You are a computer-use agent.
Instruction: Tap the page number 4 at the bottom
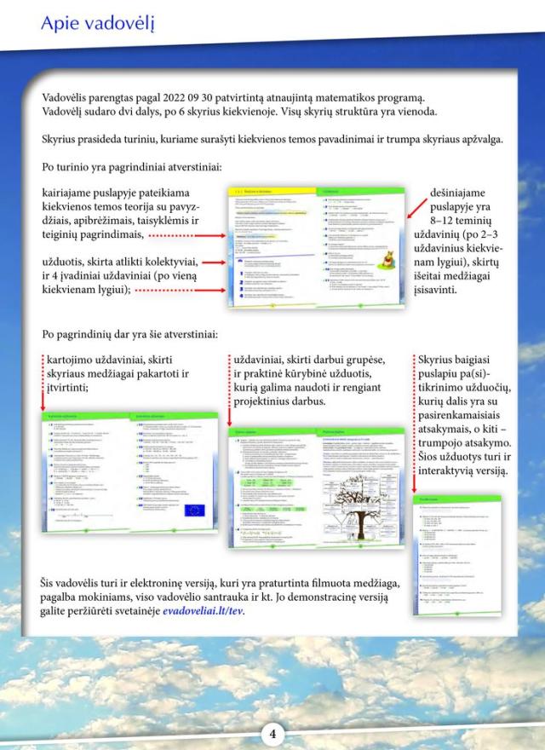[x=272, y=733]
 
